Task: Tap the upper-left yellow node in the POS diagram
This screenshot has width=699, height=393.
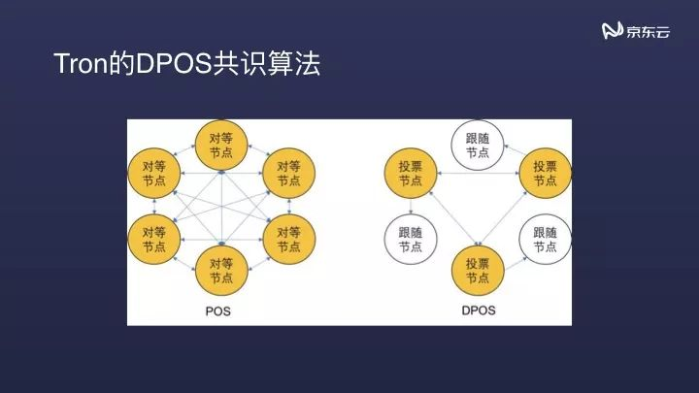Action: [x=153, y=175]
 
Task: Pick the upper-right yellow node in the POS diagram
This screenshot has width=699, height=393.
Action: [x=289, y=175]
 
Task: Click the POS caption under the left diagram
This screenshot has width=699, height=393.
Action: [x=218, y=312]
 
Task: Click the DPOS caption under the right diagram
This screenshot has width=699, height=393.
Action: [x=479, y=312]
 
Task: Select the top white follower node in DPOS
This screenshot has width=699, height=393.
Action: [x=478, y=145]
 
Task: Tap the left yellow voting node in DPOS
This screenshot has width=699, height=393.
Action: [x=411, y=174]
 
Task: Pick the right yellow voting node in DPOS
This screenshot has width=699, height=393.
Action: [x=545, y=174]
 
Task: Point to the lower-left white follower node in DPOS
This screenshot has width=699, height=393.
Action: [x=411, y=240]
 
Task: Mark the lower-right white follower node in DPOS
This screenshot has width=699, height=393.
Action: [x=545, y=240]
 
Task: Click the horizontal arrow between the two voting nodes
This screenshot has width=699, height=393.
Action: [x=478, y=174]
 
